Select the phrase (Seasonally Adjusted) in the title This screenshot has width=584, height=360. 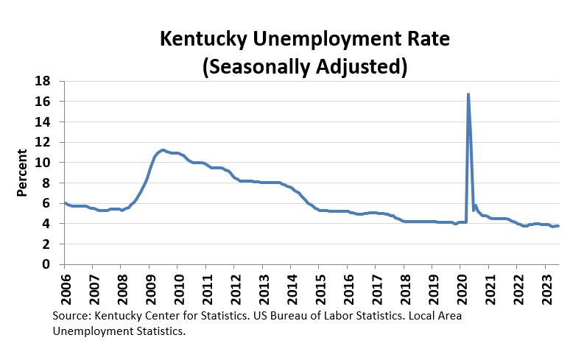305,66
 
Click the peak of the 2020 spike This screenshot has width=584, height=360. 468,94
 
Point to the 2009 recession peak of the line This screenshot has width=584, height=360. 163,150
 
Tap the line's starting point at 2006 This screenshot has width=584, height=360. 65,203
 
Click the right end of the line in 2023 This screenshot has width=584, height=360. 558,226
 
